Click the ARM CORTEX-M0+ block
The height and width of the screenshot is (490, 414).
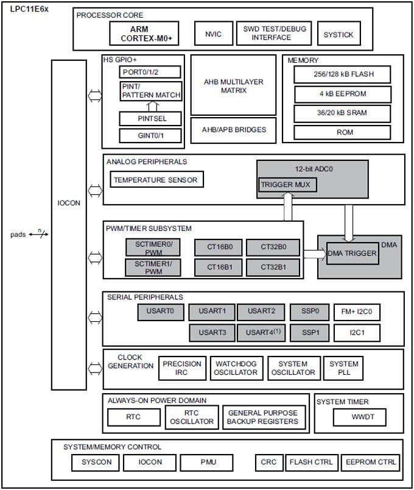point(147,34)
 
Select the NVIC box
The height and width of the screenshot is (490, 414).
point(213,34)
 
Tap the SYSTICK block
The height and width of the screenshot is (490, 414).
point(339,34)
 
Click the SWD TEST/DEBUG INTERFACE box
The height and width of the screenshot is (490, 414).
point(275,34)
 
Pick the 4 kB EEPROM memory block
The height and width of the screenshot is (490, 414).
point(342,94)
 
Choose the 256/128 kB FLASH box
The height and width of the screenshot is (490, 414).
point(342,74)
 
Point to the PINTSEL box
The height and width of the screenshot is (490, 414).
point(151,118)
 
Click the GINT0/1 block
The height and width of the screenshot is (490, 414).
point(151,135)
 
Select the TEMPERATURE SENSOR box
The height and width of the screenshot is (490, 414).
point(156,179)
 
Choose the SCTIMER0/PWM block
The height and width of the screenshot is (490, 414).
point(154,247)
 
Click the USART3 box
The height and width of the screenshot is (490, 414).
point(211,333)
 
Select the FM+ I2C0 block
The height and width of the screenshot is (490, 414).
point(357,312)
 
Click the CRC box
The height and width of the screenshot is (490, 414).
point(268,462)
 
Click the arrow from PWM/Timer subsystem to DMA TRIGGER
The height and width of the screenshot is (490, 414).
point(314,254)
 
